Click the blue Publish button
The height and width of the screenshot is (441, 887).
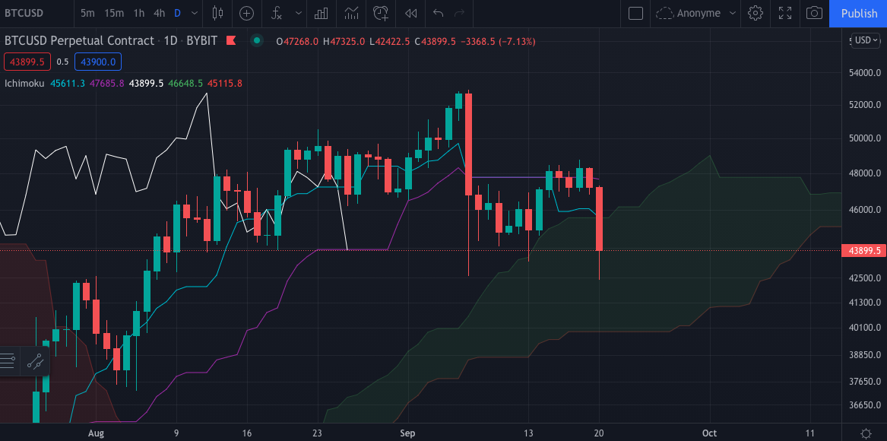[859, 13]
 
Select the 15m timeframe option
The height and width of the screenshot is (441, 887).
[114, 13]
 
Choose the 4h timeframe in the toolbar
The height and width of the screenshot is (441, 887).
[159, 13]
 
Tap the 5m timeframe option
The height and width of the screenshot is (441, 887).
[88, 13]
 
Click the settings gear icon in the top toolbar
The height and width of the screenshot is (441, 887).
[755, 13]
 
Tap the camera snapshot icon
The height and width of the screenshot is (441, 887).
[814, 13]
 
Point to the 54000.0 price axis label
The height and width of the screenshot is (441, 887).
[863, 73]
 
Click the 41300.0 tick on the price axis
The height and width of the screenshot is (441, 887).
[863, 303]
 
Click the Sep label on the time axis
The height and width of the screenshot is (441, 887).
[407, 433]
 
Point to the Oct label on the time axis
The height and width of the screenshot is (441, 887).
[709, 433]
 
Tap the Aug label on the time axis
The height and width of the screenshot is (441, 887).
[96, 433]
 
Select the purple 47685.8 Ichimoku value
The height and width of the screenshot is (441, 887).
[106, 83]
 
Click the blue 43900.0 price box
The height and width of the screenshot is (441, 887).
[98, 62]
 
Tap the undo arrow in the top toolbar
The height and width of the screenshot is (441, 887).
[438, 13]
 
